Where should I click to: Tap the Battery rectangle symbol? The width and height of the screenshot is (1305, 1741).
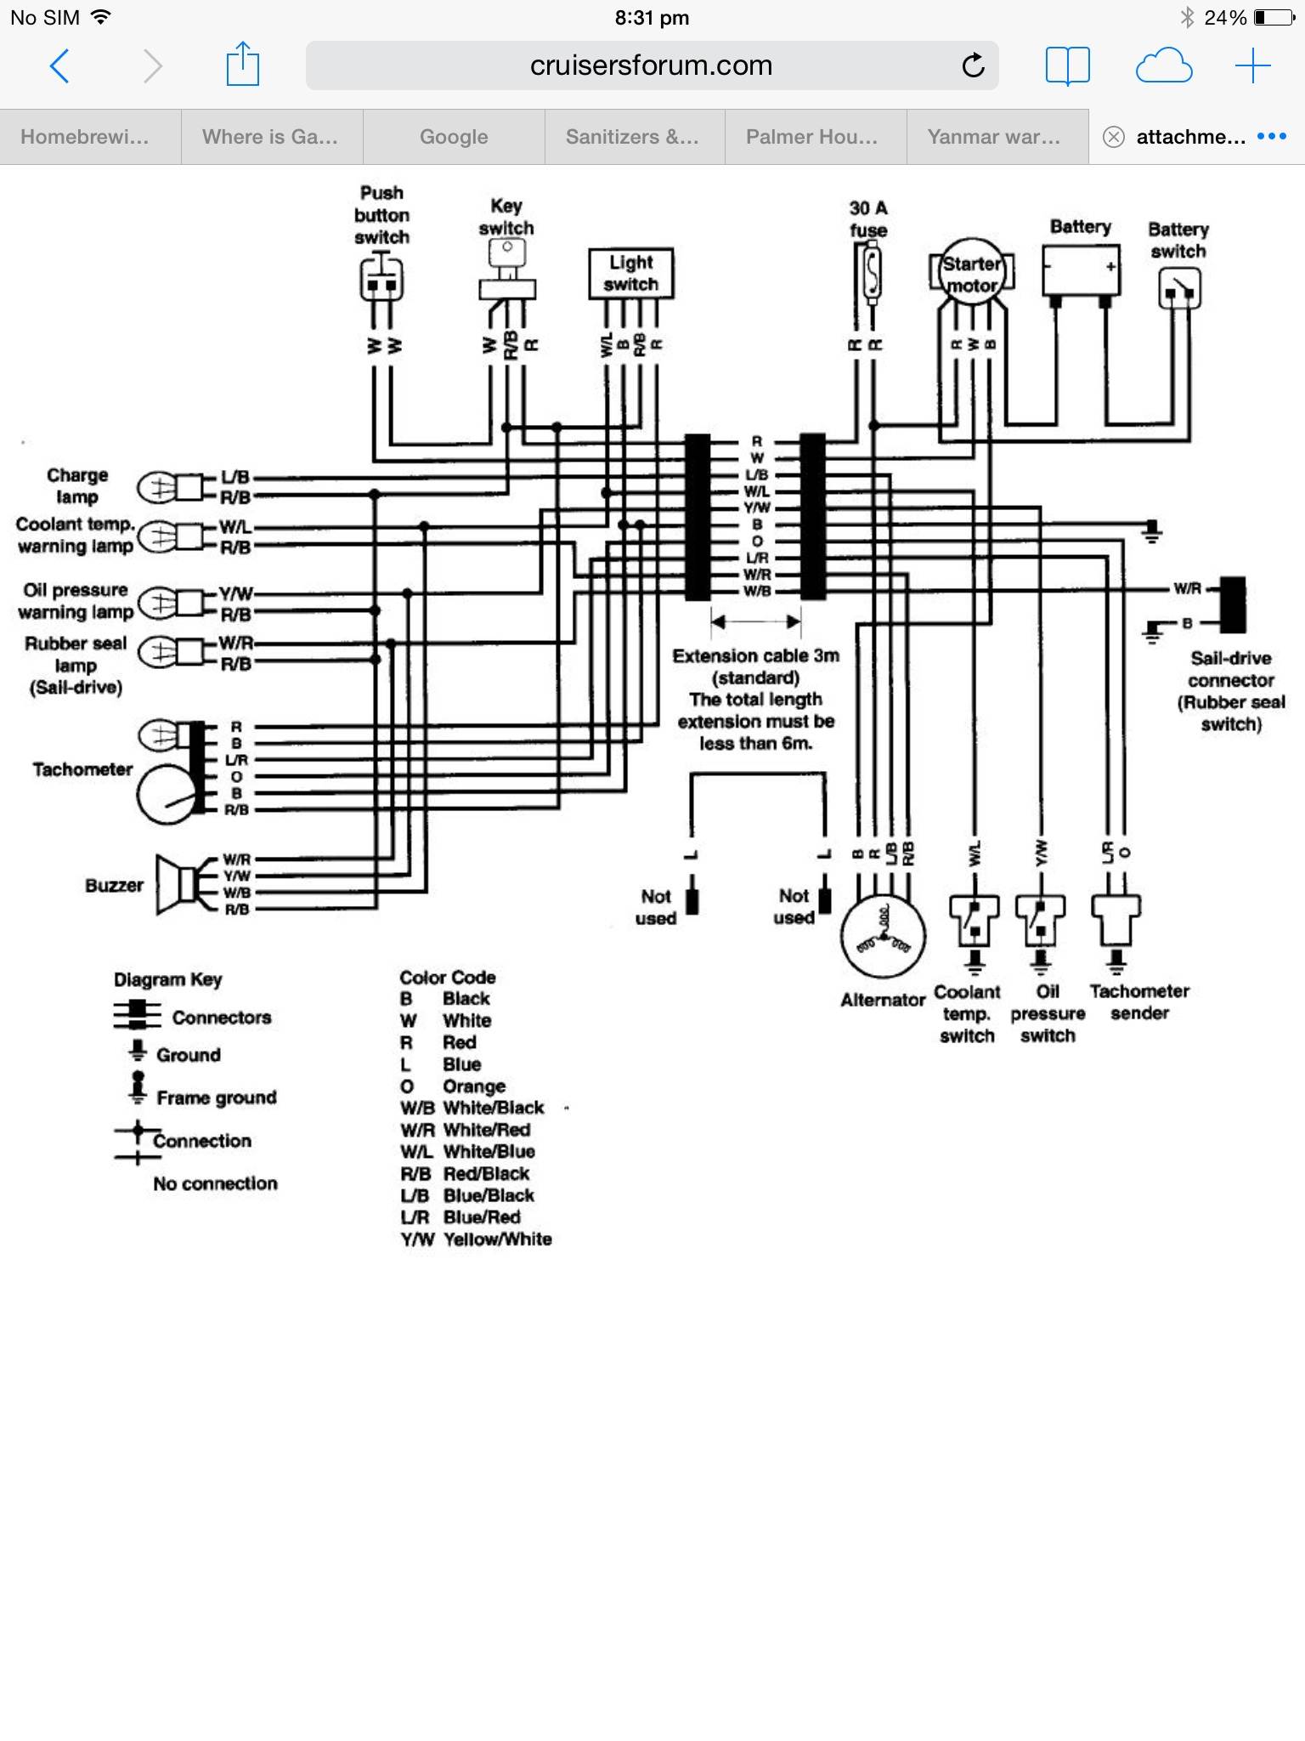click(x=1081, y=270)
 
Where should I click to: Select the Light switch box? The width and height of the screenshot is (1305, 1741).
click(x=630, y=273)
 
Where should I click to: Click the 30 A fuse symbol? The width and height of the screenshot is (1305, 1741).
click(x=871, y=274)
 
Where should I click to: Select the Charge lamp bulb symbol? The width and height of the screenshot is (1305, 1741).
click(x=159, y=487)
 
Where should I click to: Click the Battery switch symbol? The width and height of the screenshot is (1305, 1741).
click(x=1179, y=289)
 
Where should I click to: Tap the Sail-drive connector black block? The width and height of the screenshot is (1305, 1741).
click(x=1232, y=604)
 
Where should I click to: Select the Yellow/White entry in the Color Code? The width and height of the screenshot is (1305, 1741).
click(x=477, y=1239)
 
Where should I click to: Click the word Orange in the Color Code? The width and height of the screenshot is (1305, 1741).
click(x=473, y=1086)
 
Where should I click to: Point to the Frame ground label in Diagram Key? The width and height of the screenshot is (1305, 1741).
click(x=217, y=1097)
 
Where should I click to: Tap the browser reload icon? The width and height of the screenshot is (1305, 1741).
click(x=973, y=65)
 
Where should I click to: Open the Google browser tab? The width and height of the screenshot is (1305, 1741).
click(x=454, y=137)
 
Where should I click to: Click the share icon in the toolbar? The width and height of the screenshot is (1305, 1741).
click(x=243, y=65)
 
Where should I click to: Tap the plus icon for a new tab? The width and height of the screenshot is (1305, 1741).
click(x=1252, y=65)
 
